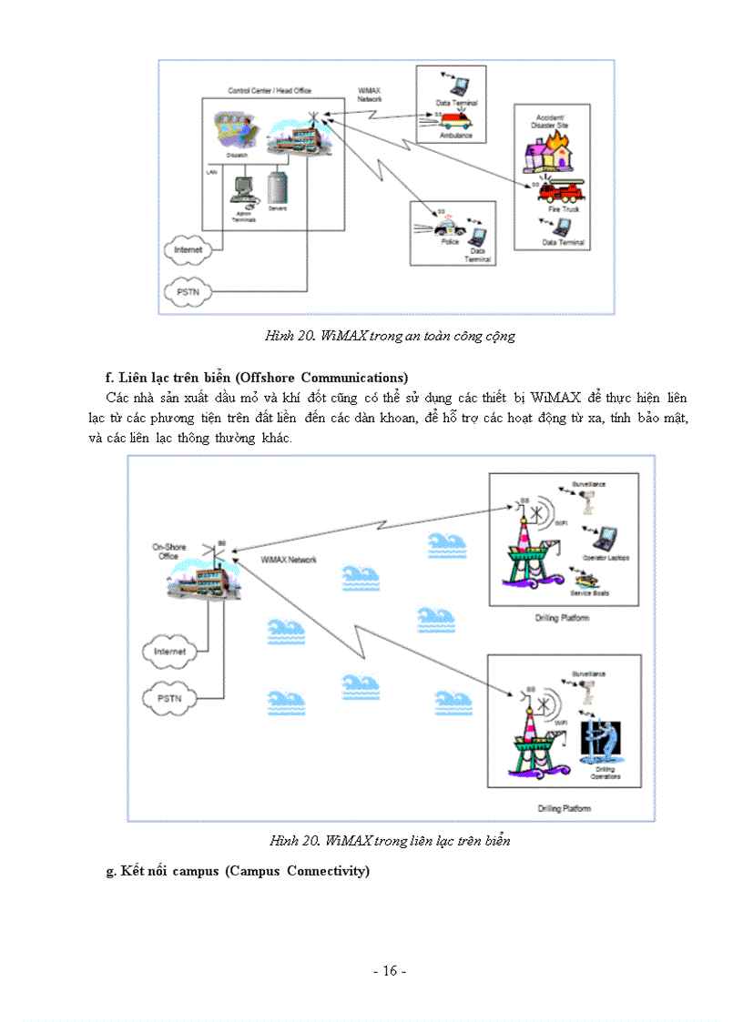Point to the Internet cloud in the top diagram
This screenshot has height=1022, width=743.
[x=186, y=248]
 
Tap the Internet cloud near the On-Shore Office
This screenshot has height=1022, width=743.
[x=169, y=652]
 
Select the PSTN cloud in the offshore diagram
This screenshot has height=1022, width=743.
[x=169, y=698]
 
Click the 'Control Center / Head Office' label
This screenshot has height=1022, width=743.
[x=269, y=91]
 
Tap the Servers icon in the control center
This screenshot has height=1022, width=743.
[x=278, y=187]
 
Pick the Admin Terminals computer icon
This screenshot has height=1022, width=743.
[x=242, y=189]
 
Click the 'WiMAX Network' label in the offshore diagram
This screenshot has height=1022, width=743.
[x=289, y=560]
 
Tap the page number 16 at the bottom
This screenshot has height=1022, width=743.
[x=389, y=971]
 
